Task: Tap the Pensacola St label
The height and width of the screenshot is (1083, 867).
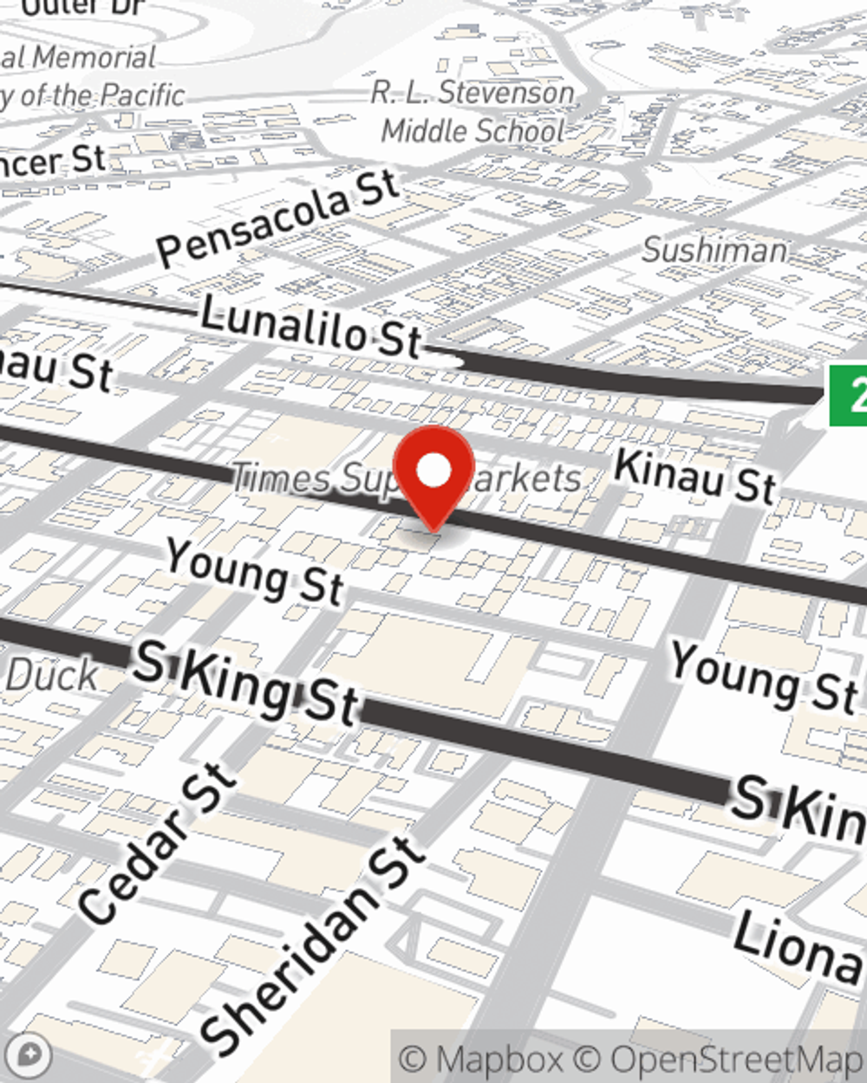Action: coord(278,217)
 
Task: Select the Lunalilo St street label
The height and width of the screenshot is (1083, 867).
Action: coord(310,327)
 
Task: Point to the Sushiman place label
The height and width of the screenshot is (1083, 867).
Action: coord(715,250)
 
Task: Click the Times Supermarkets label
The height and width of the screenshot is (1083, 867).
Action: coord(406,478)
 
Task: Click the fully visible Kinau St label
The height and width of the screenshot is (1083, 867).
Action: coord(694,476)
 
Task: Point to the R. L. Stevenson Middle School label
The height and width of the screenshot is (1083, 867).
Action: coord(473,111)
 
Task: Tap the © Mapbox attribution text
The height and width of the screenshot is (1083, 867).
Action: coord(481,1060)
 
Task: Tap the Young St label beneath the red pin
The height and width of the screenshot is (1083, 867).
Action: coord(255,571)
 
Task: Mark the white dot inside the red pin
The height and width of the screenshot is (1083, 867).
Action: coord(433,470)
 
